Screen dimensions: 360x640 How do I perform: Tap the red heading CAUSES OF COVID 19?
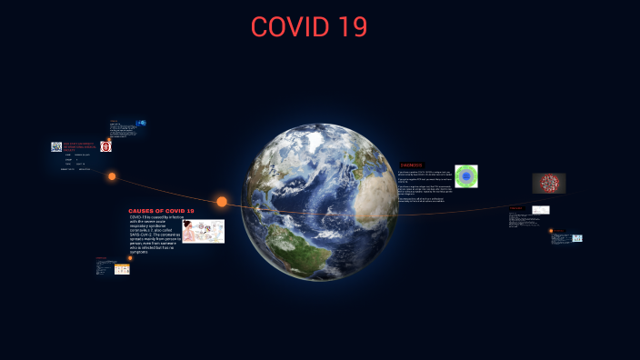(161, 210)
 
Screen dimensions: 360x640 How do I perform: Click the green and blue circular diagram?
(466, 175)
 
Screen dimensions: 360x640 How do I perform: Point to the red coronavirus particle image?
(548, 183)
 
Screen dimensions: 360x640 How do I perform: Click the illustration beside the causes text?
(203, 231)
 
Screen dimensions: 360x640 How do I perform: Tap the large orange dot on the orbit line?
(222, 201)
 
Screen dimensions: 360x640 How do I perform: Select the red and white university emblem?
(106, 145)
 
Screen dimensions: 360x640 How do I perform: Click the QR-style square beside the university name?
(55, 146)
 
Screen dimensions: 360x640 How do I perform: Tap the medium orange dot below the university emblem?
(112, 176)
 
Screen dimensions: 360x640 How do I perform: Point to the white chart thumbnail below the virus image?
(541, 210)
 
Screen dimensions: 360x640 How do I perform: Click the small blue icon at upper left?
(142, 123)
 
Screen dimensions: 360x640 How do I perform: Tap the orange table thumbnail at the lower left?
(121, 269)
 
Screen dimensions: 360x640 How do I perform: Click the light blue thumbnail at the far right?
(576, 238)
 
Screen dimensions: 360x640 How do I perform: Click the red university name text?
(80, 146)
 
